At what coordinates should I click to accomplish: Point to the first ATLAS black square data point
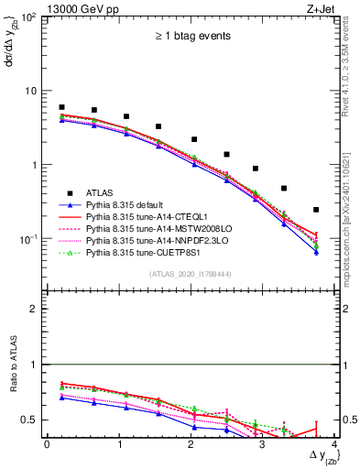[x=61, y=107]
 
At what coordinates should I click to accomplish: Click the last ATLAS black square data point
[x=316, y=210]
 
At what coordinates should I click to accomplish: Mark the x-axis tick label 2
[x=190, y=444]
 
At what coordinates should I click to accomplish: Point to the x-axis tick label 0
[x=47, y=444]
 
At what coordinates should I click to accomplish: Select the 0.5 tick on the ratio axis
[x=35, y=420]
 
